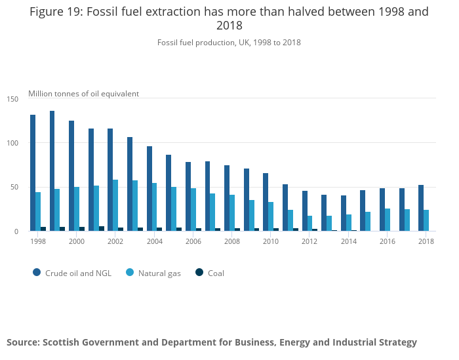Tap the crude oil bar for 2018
click(421, 208)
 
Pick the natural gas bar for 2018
click(426, 220)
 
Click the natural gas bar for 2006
click(193, 210)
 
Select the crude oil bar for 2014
click(344, 213)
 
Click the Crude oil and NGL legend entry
click(72, 273)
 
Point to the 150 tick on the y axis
click(12, 99)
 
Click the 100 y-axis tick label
click(12, 143)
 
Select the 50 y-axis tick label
click(14, 188)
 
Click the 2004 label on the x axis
click(154, 241)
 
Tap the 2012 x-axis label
click(309, 241)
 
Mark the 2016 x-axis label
click(388, 241)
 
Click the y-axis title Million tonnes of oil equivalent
click(83, 94)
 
